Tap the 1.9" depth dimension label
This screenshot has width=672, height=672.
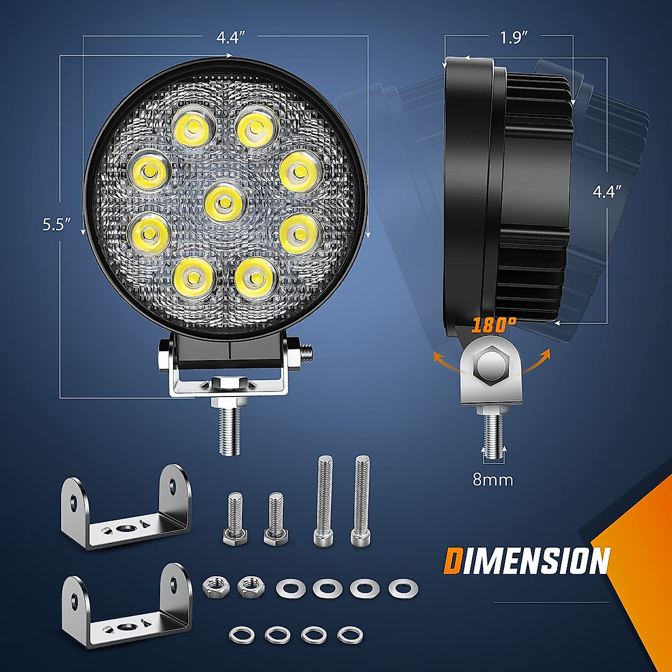pyautogui.click(x=515, y=38)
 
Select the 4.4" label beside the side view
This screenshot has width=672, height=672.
pyautogui.click(x=607, y=192)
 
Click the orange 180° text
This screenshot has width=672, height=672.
pyautogui.click(x=493, y=325)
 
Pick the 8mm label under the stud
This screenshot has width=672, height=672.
pyautogui.click(x=493, y=480)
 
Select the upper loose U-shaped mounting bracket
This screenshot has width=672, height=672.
pyautogui.click(x=126, y=507)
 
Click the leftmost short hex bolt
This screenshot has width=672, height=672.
pyautogui.click(x=234, y=519)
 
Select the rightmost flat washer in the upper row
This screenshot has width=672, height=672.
pyautogui.click(x=403, y=588)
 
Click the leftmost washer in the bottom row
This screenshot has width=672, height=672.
pyautogui.click(x=241, y=634)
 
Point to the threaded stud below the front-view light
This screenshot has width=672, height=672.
pyautogui.click(x=229, y=428)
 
